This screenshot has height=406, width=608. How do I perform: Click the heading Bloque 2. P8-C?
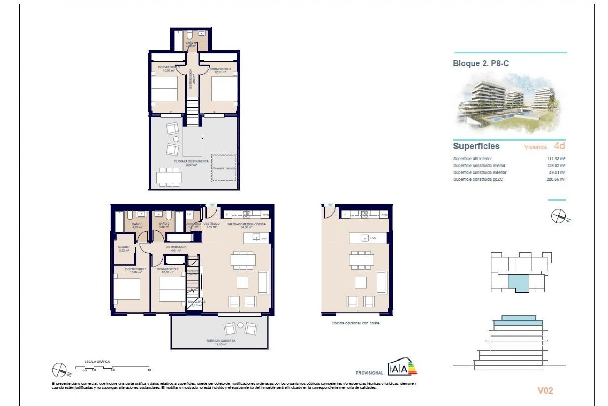point(481,63)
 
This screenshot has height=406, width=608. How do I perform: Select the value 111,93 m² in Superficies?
point(556,159)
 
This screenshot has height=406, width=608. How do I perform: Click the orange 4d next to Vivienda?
point(559,146)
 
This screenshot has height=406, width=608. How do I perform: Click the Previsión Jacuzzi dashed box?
point(224,168)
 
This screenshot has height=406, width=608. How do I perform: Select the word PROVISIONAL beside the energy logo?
point(369,373)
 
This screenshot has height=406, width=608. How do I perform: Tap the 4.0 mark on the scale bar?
point(149,370)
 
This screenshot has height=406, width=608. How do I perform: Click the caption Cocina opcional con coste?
point(355,323)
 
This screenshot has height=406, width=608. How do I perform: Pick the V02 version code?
point(545,391)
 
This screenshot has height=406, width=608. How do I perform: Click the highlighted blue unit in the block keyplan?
point(518,283)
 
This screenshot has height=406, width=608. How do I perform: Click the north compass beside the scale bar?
point(59,369)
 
